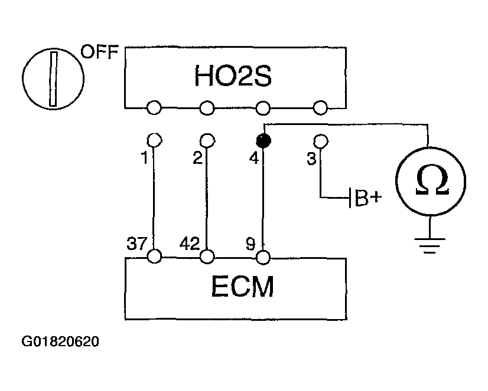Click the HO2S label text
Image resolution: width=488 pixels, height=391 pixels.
point(233,75)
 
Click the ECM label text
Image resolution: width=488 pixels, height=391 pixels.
point(242,287)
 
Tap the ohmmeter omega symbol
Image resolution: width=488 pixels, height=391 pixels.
point(432,179)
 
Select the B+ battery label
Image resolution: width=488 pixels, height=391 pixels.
point(367,197)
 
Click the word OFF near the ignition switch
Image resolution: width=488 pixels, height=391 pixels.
point(100,52)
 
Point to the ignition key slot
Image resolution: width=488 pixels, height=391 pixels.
point(54,79)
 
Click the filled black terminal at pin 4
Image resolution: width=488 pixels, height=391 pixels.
point(263,141)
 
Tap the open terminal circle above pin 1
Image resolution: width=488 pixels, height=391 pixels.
point(154,140)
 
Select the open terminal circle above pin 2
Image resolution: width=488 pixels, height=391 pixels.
point(207,140)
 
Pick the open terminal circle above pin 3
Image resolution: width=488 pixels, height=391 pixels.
point(321,141)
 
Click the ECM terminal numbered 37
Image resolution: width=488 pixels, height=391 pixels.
point(154,257)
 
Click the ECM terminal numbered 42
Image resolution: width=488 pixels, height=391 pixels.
point(207,257)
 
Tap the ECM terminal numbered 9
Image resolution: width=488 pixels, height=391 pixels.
point(263,257)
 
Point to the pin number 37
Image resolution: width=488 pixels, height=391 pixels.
point(136,243)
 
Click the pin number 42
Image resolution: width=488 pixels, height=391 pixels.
point(190,244)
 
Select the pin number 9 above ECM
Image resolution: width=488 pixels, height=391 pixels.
point(250,244)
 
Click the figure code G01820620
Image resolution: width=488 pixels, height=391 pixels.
point(60,341)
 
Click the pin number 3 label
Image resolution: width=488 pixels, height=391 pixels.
point(311,159)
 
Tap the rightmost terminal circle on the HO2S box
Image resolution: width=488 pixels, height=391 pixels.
point(320,108)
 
